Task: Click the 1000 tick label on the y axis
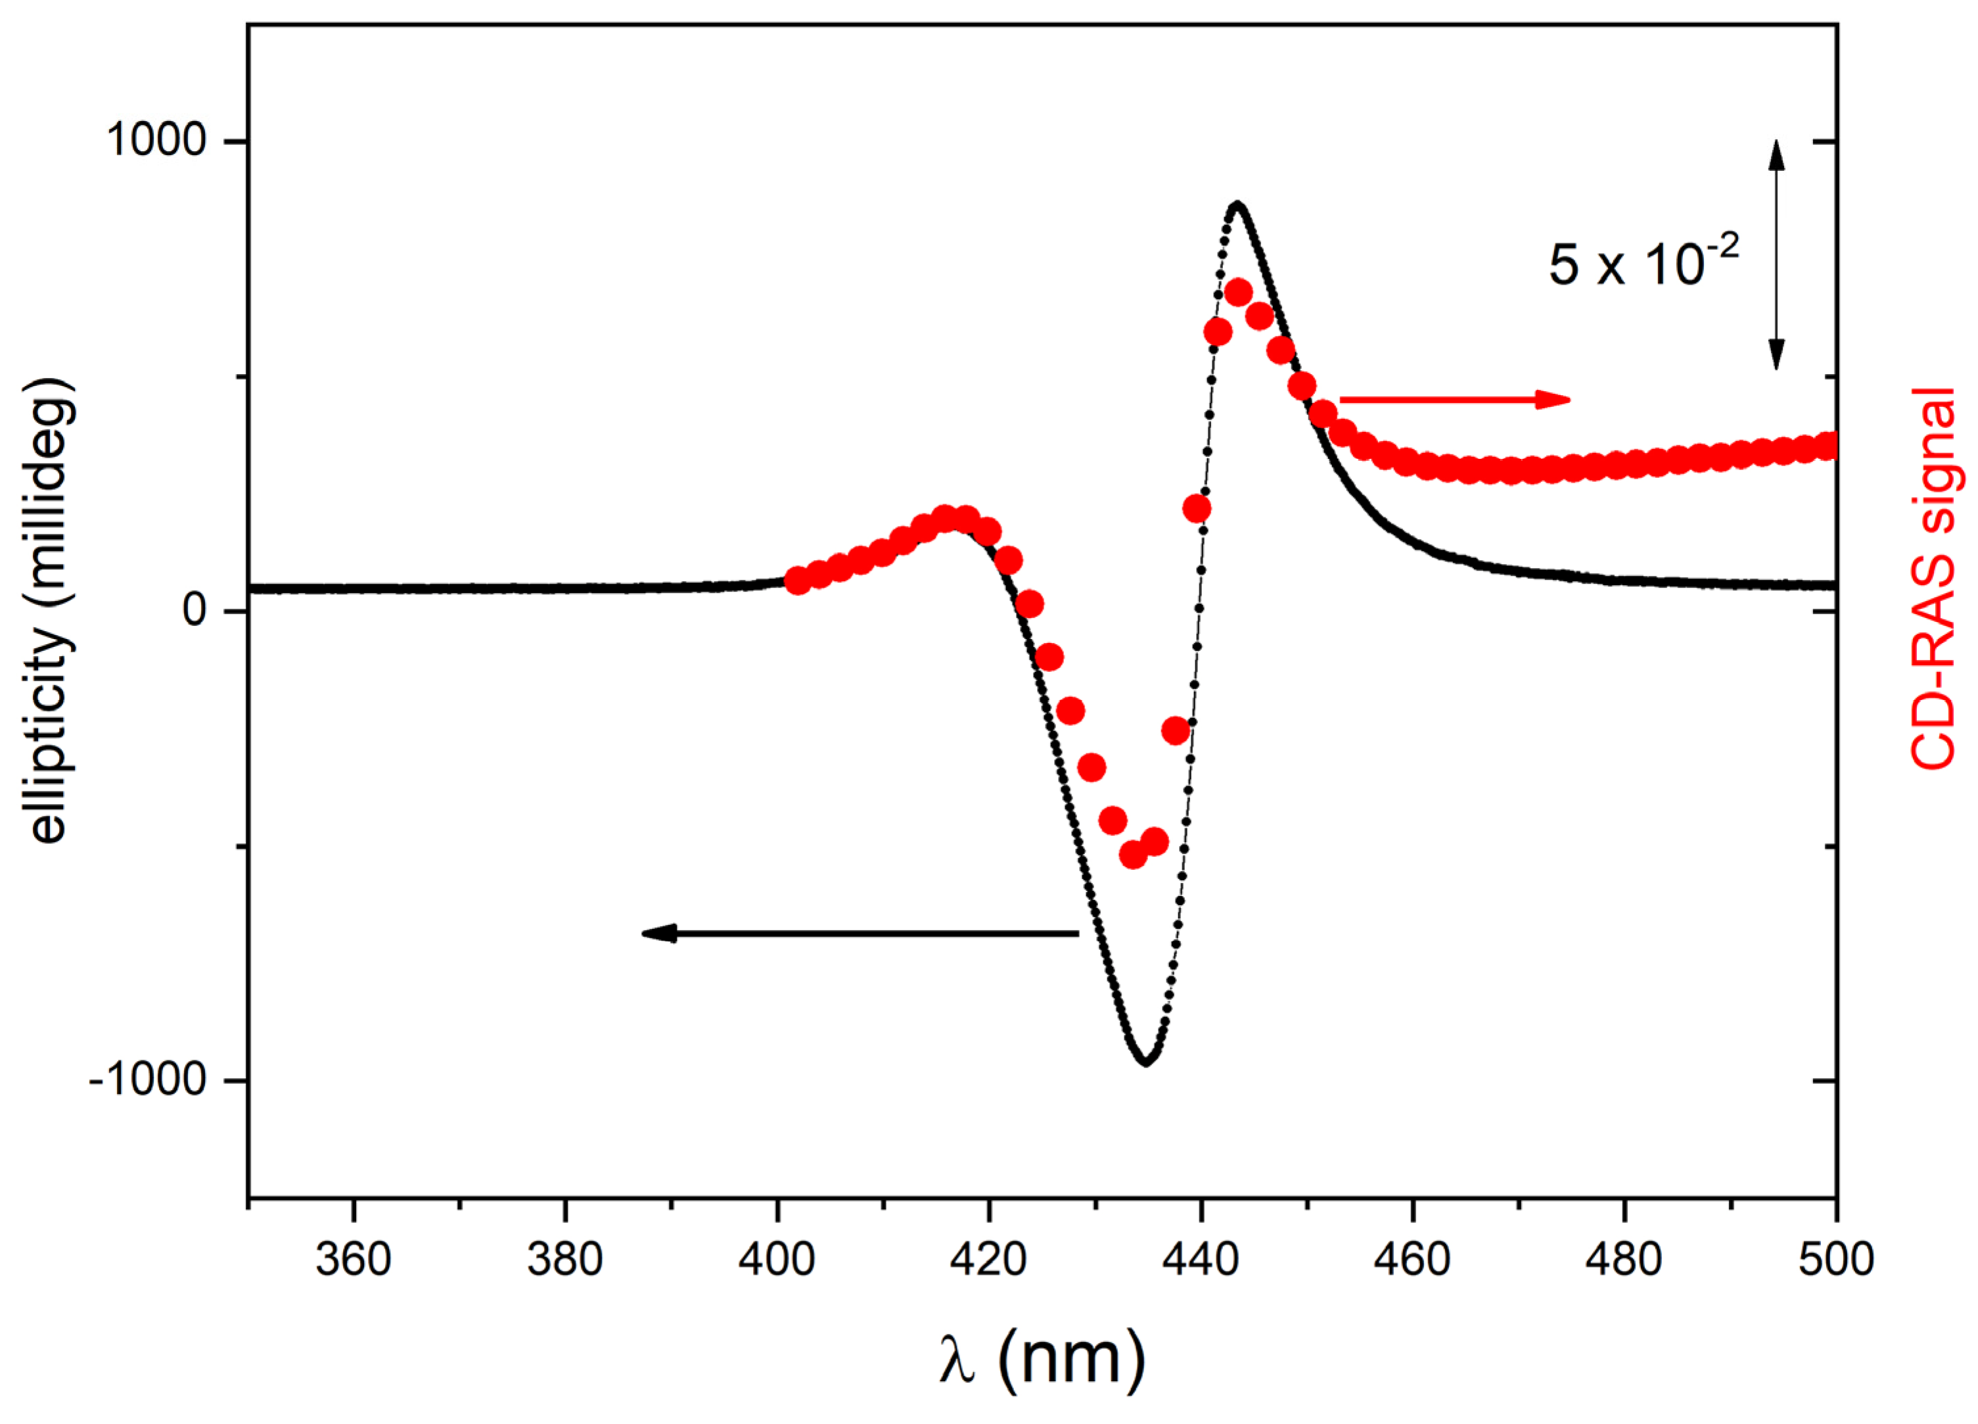pyautogui.click(x=155, y=139)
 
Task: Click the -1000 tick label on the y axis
pyautogui.click(x=147, y=1080)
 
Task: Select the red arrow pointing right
pyautogui.click(x=1454, y=400)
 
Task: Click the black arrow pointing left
pyautogui.click(x=859, y=934)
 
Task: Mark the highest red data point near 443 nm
pyautogui.click(x=1237, y=293)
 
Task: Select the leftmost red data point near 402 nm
pyautogui.click(x=797, y=581)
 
